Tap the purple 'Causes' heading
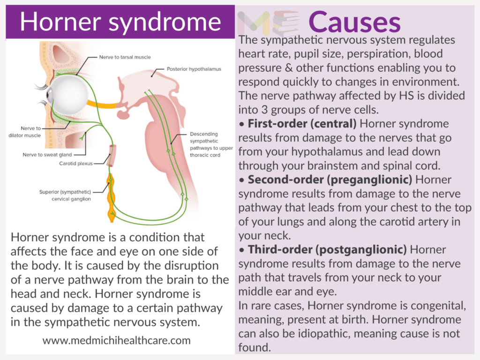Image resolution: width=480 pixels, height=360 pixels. click(355, 21)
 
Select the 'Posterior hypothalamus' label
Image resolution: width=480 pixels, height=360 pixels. click(194, 69)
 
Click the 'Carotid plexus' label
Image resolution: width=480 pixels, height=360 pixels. click(76, 164)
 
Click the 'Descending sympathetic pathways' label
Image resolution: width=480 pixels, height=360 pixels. click(210, 141)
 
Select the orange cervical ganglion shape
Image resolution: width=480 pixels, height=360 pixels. click(111, 197)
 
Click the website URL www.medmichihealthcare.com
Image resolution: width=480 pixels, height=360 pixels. click(117, 340)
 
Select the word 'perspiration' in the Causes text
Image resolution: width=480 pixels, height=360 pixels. click(379, 54)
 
